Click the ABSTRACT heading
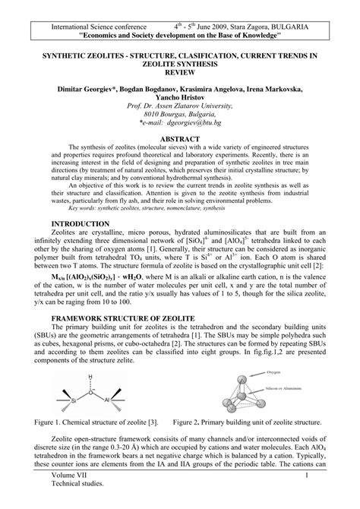pyautogui.click(x=180, y=139)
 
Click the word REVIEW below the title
pyautogui.click(x=179, y=74)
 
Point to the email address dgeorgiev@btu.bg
pyautogui.click(x=191, y=121)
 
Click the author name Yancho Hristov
pyautogui.click(x=179, y=98)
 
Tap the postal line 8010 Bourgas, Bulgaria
pyautogui.click(x=179, y=113)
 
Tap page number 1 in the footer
pyautogui.click(x=304, y=498)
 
